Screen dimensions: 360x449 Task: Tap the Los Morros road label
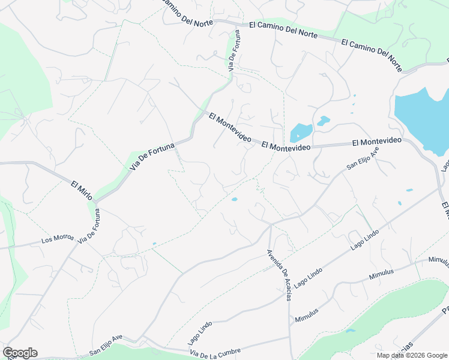tap(58, 239)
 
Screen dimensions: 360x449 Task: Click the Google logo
tap(20, 353)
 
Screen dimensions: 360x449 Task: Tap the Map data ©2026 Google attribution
tap(412, 355)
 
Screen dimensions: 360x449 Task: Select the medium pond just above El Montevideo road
tap(300, 132)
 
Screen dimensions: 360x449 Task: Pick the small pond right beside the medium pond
tap(324, 120)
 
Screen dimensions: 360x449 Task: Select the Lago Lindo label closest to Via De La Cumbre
tap(200, 332)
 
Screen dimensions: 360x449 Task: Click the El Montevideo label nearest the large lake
tap(376, 142)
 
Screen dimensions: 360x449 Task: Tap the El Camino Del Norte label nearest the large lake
tap(372, 52)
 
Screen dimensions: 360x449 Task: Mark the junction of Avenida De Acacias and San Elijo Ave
tap(271, 225)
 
